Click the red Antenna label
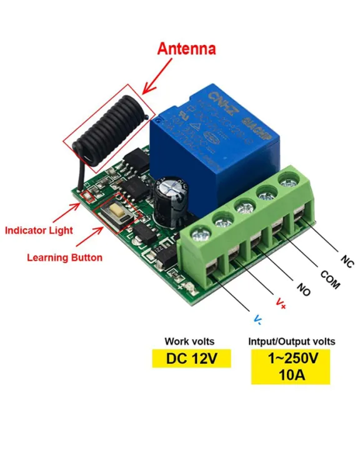[x=186, y=49]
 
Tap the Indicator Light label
[x=39, y=230]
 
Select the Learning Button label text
[x=64, y=257]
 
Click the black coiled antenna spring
[x=110, y=131]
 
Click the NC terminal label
[x=347, y=261]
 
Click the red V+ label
[x=281, y=304]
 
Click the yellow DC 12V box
[x=191, y=359]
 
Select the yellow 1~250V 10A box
[x=291, y=366]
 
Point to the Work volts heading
[x=189, y=341]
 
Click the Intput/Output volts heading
[x=290, y=341]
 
